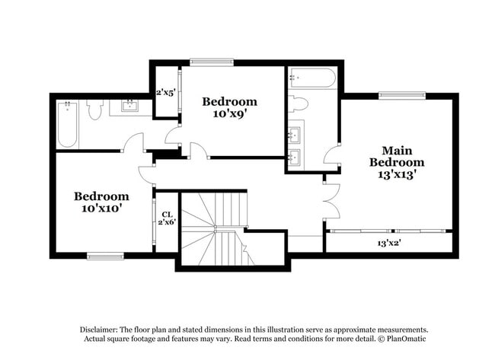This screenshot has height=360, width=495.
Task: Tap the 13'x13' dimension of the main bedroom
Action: tap(397, 174)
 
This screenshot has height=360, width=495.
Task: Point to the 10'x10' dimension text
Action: tap(101, 207)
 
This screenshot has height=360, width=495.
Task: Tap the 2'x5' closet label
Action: tap(166, 93)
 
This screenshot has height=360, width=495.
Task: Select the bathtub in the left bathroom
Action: tap(67, 125)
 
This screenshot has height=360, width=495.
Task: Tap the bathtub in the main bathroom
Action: tap(312, 79)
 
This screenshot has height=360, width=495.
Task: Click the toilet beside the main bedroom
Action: tap(298, 105)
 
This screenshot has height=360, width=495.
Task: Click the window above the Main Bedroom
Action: tap(401, 95)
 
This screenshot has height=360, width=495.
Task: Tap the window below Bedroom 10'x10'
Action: tap(105, 256)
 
